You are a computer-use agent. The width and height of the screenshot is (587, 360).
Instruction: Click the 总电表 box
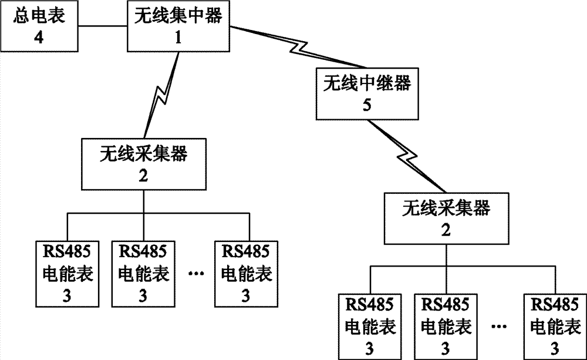point(39,26)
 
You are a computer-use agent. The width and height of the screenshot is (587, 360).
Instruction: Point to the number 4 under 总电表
point(39,38)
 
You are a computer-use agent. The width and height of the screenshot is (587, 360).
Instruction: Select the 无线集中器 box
point(178,26)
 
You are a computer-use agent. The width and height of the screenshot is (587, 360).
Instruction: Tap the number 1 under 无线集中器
point(178,38)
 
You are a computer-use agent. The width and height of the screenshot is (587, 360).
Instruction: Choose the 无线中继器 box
point(367,93)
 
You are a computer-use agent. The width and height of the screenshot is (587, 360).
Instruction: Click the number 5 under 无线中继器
point(367,105)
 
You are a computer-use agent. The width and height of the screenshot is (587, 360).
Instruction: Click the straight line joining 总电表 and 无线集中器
point(103,26)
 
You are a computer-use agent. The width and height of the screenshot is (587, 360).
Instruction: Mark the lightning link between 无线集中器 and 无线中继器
point(299,48)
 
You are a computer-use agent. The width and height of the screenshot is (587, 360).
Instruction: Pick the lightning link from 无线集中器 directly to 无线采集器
point(162,95)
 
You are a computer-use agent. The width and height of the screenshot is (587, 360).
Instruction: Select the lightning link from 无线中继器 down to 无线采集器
point(407,156)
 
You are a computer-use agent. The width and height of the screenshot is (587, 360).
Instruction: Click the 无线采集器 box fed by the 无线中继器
point(446,219)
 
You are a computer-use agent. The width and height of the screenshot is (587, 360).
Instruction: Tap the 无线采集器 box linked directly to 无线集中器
point(144,164)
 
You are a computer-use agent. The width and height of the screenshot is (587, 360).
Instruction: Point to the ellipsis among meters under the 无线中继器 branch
point(499,327)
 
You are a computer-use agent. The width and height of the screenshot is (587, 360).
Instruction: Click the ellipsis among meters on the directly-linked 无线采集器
point(196,274)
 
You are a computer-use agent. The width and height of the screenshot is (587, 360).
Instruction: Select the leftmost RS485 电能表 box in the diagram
point(68,274)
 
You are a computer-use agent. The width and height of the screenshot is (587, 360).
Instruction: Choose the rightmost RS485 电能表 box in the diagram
point(555,327)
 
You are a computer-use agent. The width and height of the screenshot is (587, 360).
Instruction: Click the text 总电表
point(39,16)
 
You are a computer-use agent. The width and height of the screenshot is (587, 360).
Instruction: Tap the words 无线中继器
point(367,83)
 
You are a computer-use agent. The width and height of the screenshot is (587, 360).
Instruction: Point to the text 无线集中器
point(178,16)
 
